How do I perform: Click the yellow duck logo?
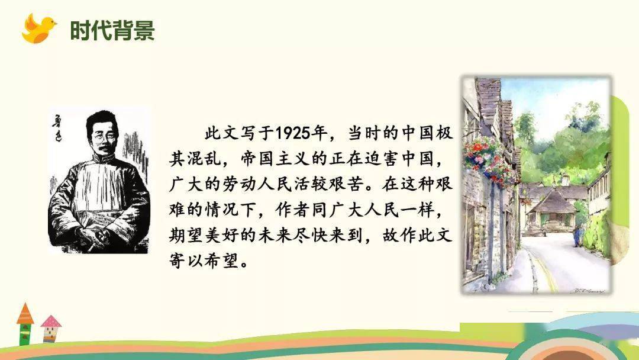click(x=38, y=28)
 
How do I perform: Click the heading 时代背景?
click(x=112, y=31)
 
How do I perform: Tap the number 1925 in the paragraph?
click(x=292, y=133)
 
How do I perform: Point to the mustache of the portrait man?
click(x=104, y=147)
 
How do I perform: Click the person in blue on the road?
click(x=577, y=236)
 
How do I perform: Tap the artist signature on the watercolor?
click(x=587, y=290)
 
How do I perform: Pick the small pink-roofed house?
click(x=50, y=329)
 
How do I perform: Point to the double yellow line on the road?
click(x=544, y=268)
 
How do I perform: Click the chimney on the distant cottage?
click(x=565, y=179)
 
